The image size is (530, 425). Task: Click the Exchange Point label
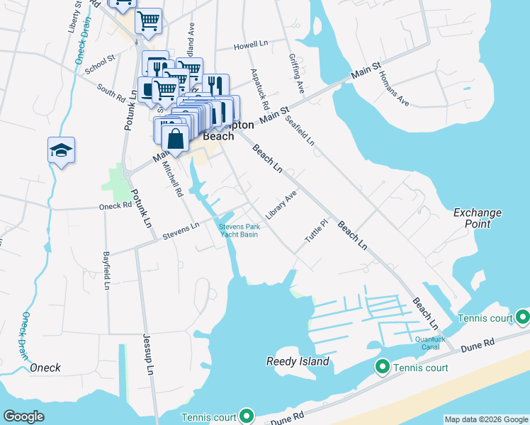click(x=478, y=218)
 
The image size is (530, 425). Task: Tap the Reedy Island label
click(x=298, y=362)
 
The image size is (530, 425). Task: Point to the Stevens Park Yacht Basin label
click(x=237, y=230)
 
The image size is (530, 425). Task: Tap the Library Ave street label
click(x=281, y=203)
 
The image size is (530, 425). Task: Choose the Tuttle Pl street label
click(x=317, y=232)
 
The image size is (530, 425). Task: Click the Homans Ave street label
click(x=394, y=89)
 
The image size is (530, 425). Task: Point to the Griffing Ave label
click(x=296, y=74)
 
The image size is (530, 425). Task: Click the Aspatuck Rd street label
click(x=256, y=89)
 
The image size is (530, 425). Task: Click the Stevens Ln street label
click(x=180, y=231)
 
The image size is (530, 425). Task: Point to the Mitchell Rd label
click(x=172, y=178)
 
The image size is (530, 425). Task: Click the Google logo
click(x=23, y=416)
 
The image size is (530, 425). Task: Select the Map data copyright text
click(x=486, y=419)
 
